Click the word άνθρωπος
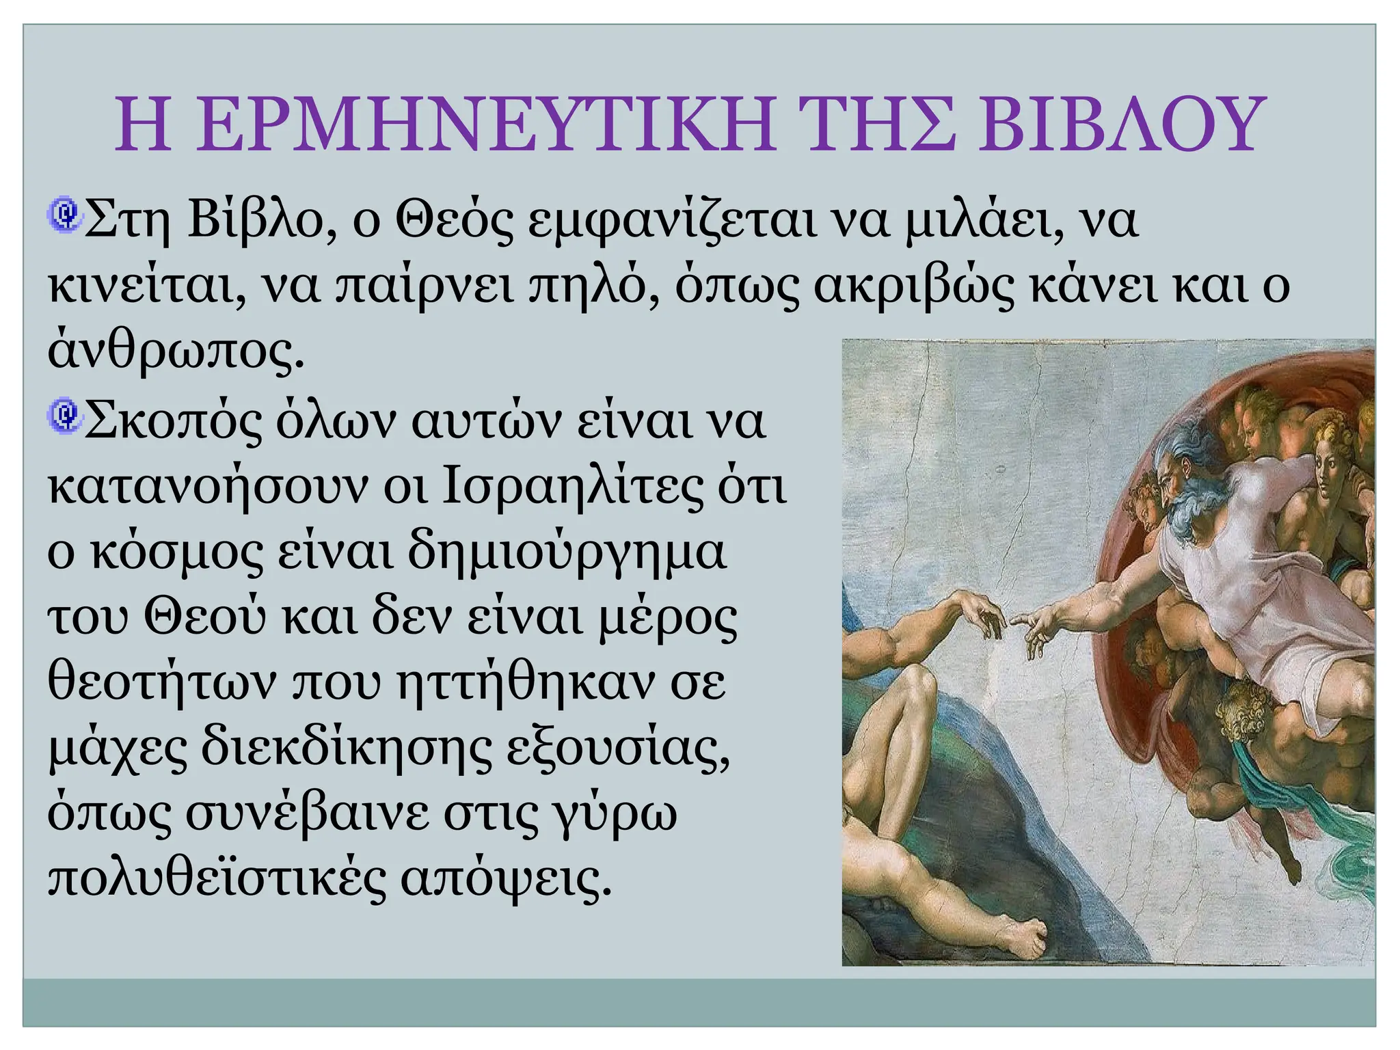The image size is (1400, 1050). coord(174,352)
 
